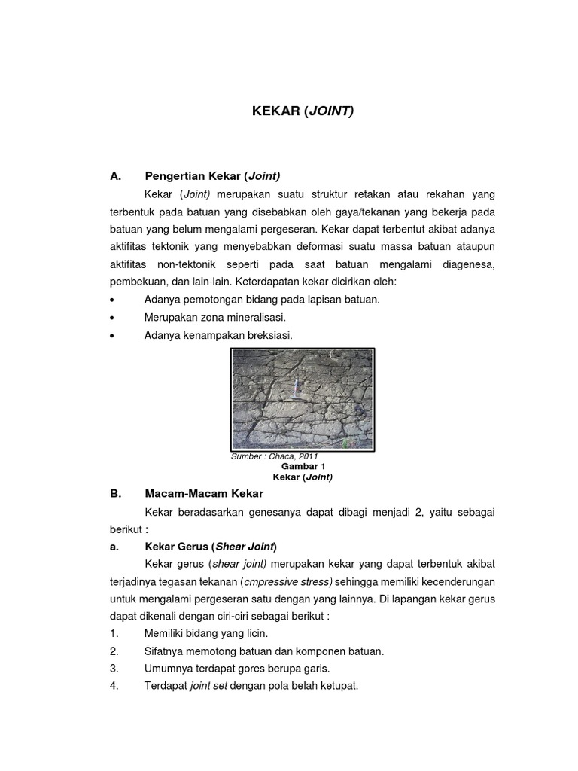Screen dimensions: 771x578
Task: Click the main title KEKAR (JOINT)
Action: pos(302,111)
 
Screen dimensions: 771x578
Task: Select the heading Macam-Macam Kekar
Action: pos(203,494)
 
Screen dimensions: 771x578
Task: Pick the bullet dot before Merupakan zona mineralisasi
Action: pos(111,318)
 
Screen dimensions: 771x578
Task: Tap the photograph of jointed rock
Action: pos(302,399)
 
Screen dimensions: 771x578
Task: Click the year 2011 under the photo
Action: pos(309,456)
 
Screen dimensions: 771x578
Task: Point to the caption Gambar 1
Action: pos(303,466)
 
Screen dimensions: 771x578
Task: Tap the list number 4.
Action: pos(114,686)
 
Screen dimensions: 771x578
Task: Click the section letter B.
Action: pos(115,494)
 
